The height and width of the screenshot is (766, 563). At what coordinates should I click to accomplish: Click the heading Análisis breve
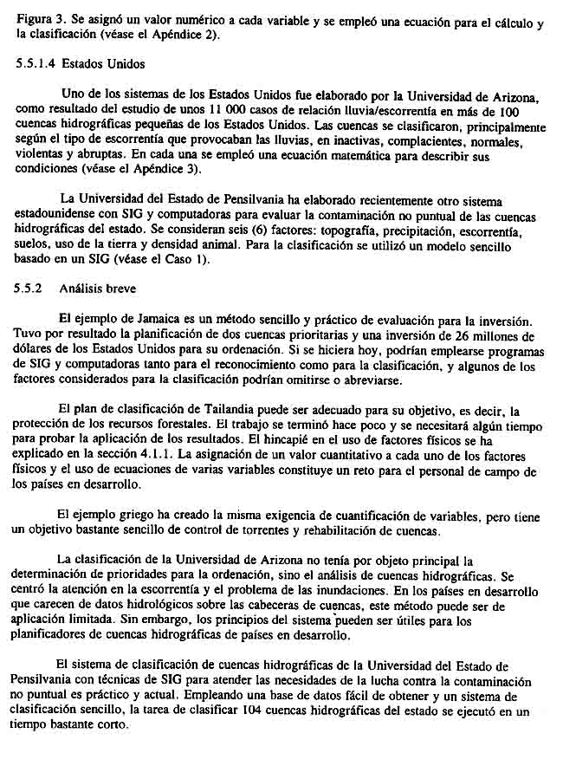click(x=98, y=287)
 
